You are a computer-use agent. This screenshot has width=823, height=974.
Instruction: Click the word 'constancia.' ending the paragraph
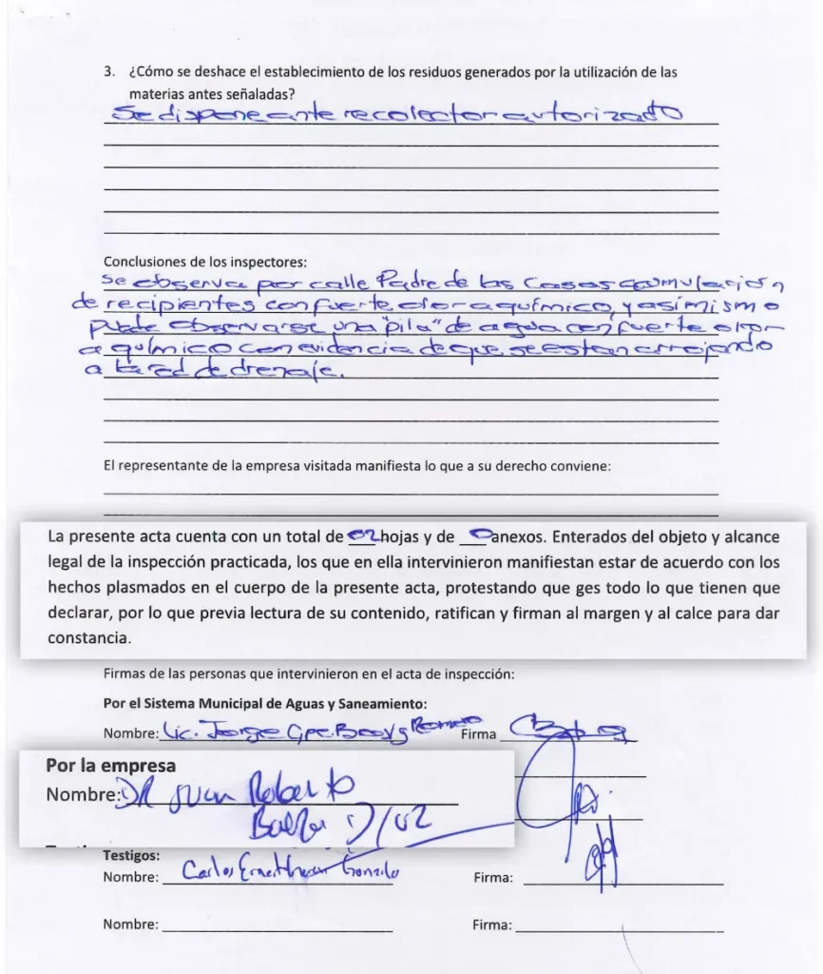[89, 637]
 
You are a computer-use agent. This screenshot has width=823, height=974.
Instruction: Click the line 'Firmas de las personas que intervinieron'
[308, 674]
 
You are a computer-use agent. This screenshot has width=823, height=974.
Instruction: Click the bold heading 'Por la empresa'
[110, 766]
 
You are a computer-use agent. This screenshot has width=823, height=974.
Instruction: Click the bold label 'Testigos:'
[131, 856]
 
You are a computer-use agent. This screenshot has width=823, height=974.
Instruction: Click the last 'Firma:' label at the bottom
[491, 924]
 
